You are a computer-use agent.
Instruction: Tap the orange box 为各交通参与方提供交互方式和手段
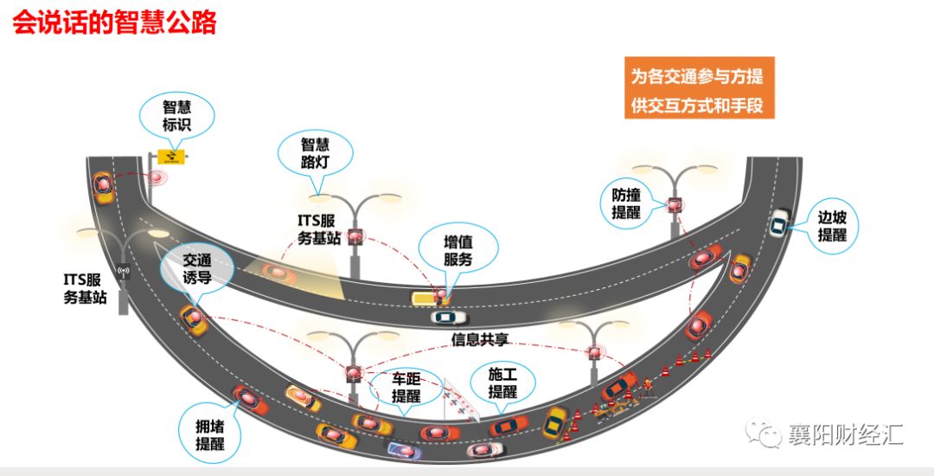coord(696,89)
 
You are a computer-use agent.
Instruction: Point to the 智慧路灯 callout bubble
coord(315,153)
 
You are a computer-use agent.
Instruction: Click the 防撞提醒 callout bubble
coord(626,203)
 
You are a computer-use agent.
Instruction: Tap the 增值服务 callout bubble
coord(457,249)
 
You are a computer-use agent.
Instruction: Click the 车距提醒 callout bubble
coord(406,387)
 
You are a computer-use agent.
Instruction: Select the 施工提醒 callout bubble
coord(502,383)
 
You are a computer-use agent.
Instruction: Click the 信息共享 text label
coord(477,339)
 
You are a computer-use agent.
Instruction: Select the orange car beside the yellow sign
coord(104,186)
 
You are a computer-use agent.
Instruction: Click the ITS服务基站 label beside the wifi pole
coord(86,287)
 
